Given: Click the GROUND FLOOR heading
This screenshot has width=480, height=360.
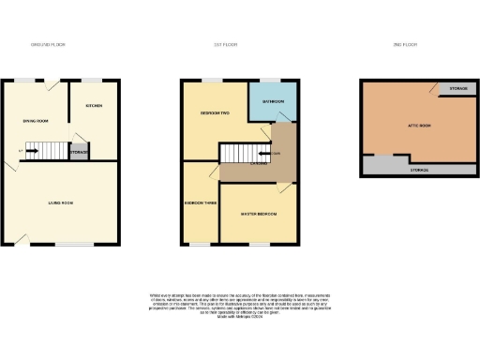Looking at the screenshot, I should [48, 44].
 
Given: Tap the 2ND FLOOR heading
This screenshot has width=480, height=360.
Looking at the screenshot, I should [404, 44].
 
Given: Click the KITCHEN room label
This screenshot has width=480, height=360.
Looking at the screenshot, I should [94, 106].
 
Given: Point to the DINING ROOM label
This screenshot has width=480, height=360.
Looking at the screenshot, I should [36, 121].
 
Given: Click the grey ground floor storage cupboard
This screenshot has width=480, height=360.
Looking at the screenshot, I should [80, 152].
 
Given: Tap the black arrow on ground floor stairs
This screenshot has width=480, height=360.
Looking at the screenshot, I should [32, 150].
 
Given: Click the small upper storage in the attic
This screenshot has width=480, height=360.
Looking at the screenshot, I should [457, 88].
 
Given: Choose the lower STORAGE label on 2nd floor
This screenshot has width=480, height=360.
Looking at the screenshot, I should [419, 171].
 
